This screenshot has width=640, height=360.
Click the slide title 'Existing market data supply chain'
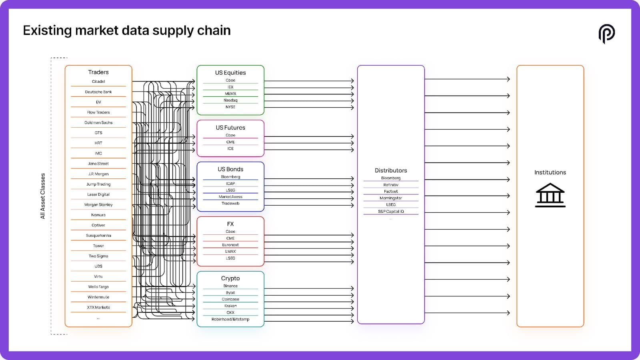click(126, 30)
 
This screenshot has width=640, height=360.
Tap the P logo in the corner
click(606, 34)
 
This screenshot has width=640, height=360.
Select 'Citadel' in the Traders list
click(98, 82)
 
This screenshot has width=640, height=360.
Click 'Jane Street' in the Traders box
click(98, 164)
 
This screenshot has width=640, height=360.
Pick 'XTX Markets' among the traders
click(98, 307)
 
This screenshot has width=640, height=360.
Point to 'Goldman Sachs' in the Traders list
click(98, 122)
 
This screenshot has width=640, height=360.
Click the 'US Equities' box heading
click(230, 72)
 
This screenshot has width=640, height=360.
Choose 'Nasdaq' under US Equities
click(230, 100)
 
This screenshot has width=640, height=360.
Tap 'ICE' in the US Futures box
click(230, 148)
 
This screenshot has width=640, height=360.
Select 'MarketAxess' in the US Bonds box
click(230, 196)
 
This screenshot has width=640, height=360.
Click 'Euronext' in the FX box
click(230, 245)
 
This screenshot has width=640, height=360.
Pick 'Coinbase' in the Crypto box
click(230, 299)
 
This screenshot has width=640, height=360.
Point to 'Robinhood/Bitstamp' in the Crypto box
click(230, 319)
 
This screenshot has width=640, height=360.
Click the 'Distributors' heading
click(391, 170)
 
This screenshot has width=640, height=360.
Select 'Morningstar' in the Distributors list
click(391, 198)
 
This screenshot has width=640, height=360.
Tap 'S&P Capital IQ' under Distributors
click(391, 212)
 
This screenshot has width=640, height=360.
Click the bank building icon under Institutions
click(550, 195)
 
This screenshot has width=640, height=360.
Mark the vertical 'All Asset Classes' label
click(42, 196)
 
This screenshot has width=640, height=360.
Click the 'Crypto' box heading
click(230, 278)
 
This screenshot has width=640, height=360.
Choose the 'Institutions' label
click(550, 172)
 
